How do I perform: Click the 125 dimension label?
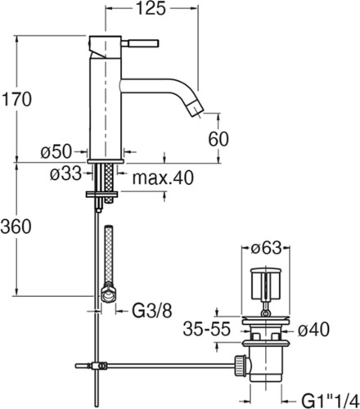[x=151, y=8]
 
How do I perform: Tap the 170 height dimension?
[x=16, y=99]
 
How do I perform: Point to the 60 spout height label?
[x=218, y=139]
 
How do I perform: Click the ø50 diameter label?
[x=56, y=151]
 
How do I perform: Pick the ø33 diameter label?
[x=65, y=173]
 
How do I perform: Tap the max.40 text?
[x=163, y=178]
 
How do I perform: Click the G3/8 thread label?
[x=152, y=311]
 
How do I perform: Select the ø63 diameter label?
[x=266, y=248]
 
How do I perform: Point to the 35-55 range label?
[x=207, y=329]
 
